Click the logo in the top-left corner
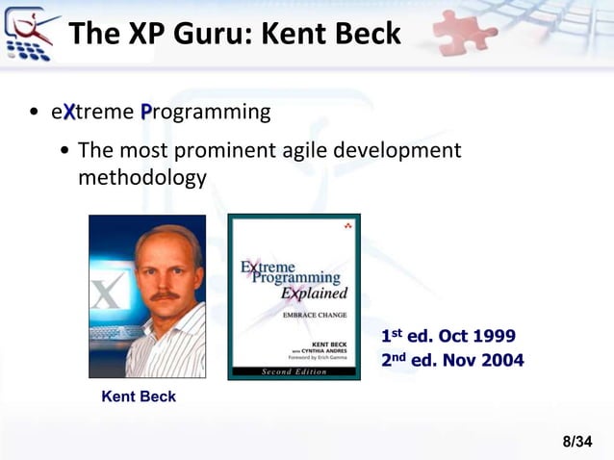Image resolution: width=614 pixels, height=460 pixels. coord(30,33)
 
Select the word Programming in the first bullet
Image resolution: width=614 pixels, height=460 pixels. coord(205,113)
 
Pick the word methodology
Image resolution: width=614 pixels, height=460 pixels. coord(141,178)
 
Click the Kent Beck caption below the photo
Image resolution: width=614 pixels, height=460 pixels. coord(139,396)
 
